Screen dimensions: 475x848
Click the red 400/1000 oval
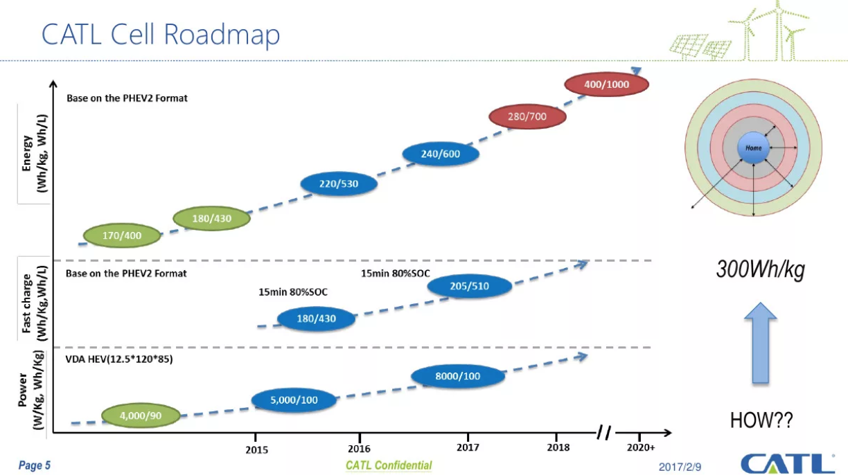pyautogui.click(x=607, y=84)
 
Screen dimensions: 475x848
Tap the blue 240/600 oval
pyautogui.click(x=441, y=154)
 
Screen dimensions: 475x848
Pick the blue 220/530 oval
pyautogui.click(x=339, y=183)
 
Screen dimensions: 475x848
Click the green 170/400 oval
pyautogui.click(x=122, y=235)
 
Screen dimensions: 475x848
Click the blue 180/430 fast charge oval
pyautogui.click(x=316, y=319)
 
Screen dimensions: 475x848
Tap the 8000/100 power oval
pyautogui.click(x=457, y=376)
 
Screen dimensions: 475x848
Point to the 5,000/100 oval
pyautogui.click(x=294, y=400)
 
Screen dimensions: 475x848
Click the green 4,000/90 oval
pyautogui.click(x=141, y=415)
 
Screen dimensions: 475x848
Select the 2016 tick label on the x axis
pyautogui.click(x=359, y=449)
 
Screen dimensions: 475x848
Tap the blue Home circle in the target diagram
pyautogui.click(x=753, y=148)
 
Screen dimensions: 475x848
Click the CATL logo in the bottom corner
pyautogui.click(x=787, y=463)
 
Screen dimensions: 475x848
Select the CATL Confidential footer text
pyautogui.click(x=389, y=465)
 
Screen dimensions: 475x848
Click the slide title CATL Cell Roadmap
pyautogui.click(x=161, y=34)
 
